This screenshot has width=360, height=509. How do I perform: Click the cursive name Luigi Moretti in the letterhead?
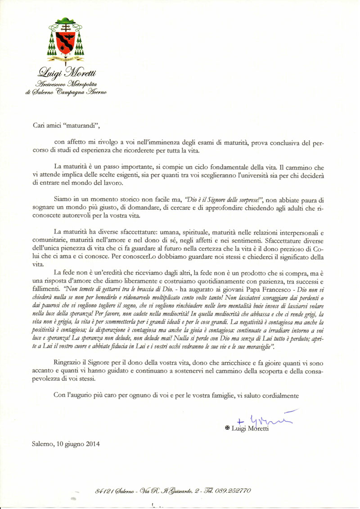click(65, 72)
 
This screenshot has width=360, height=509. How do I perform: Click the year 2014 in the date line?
click(92, 443)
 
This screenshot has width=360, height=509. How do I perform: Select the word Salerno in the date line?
click(44, 443)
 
